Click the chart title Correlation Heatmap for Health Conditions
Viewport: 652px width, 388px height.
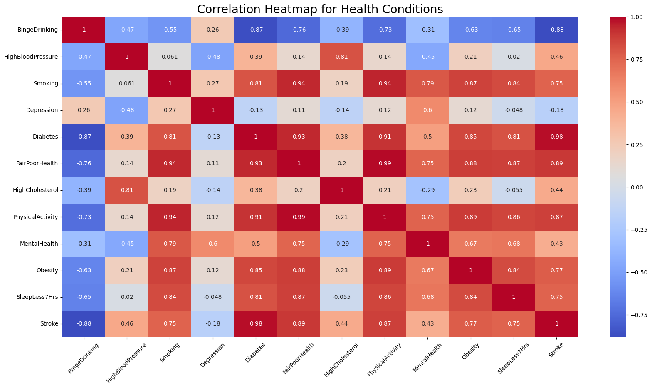pyautogui.click(x=320, y=9)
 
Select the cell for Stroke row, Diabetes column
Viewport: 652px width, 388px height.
pyautogui.click(x=256, y=323)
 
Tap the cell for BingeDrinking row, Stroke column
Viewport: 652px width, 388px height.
pyautogui.click(x=556, y=30)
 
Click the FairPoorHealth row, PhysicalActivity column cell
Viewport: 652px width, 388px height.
pyautogui.click(x=385, y=163)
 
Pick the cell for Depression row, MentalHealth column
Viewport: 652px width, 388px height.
pyautogui.click(x=427, y=110)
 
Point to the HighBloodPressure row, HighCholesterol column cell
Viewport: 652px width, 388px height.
pyautogui.click(x=342, y=57)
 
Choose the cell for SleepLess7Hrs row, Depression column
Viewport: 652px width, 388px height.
pyautogui.click(x=213, y=297)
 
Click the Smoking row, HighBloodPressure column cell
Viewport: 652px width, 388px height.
pyautogui.click(x=127, y=83)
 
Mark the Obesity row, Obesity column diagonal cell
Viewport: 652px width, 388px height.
pyautogui.click(x=471, y=270)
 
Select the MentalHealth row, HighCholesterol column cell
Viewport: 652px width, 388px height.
pyautogui.click(x=342, y=244)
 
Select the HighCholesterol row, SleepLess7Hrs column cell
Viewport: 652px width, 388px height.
pyautogui.click(x=514, y=190)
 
